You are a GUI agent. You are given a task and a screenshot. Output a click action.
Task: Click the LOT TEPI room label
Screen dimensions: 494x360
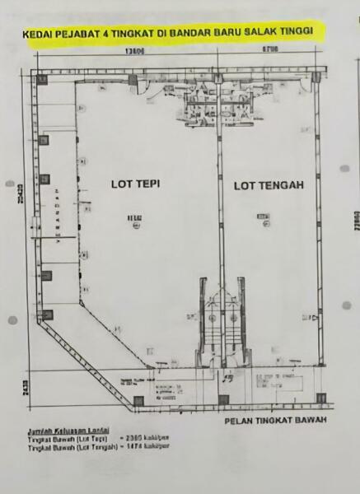pos(134,184)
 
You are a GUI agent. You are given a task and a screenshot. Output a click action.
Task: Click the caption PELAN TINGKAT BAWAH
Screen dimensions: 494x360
pos(276,422)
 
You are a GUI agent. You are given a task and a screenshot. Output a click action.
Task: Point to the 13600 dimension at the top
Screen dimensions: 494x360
pos(136,51)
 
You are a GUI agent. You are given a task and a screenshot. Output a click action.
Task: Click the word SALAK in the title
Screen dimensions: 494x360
pos(262,30)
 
